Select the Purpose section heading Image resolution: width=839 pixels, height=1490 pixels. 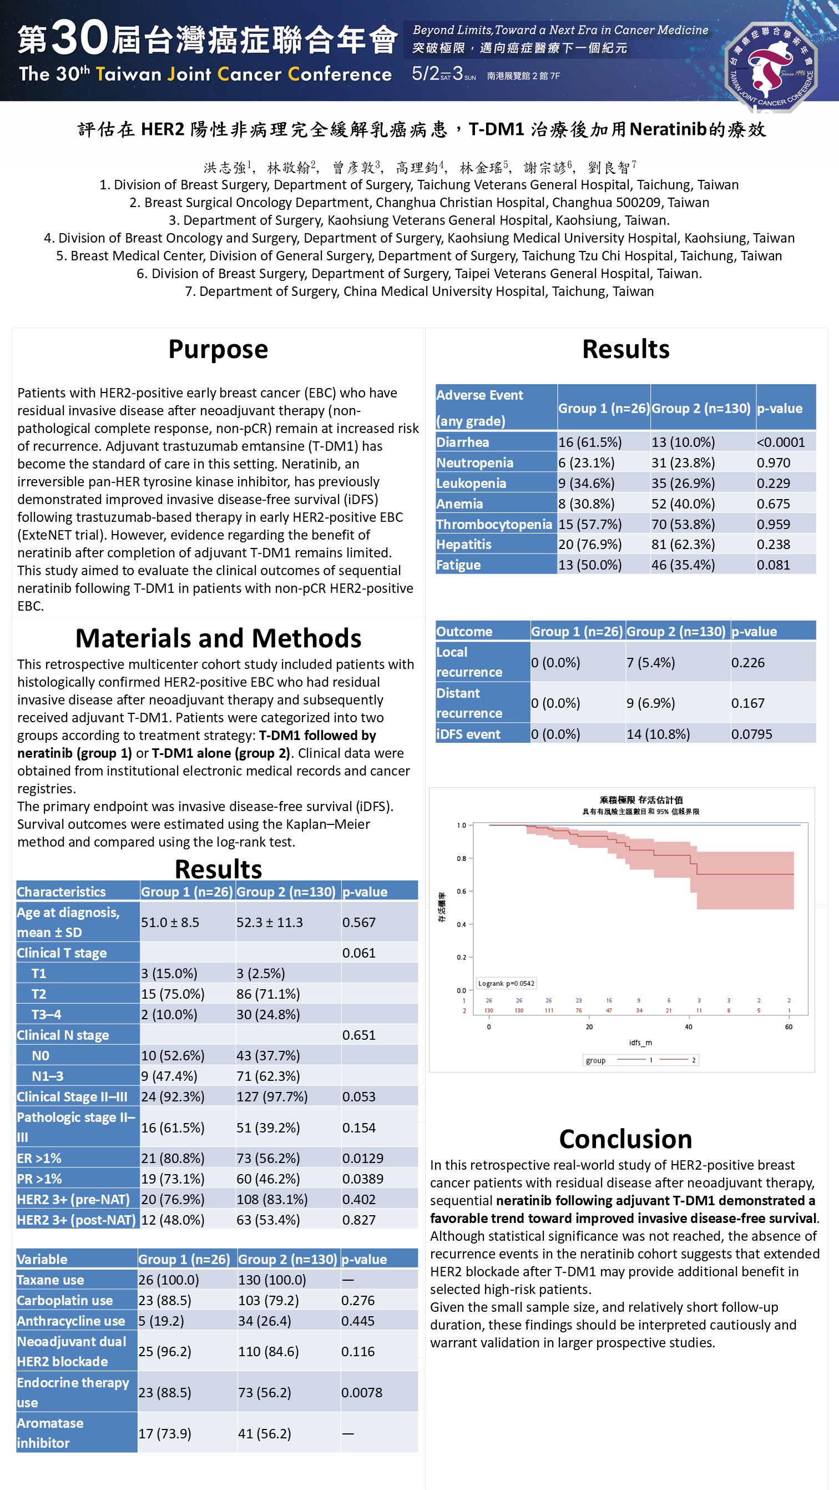tap(218, 349)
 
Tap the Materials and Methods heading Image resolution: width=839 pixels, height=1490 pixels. tap(218, 638)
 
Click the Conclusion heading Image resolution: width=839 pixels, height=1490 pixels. tap(625, 1139)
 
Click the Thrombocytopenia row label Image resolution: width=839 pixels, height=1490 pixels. tap(494, 525)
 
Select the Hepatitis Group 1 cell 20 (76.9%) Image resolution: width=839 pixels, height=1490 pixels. tap(589, 545)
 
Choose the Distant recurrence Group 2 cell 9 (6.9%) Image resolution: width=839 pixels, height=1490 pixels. tap(650, 703)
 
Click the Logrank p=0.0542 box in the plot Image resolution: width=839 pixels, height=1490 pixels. tap(506, 983)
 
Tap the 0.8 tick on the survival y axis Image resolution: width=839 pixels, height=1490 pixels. tap(461, 859)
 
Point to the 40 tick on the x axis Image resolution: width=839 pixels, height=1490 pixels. tap(688, 1027)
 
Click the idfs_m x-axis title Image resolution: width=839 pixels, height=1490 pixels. tap(640, 1043)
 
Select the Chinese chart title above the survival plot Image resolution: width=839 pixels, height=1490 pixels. tap(641, 800)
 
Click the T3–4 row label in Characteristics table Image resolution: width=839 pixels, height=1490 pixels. tap(46, 1015)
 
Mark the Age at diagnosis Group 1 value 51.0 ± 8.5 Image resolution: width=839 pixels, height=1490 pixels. tap(170, 923)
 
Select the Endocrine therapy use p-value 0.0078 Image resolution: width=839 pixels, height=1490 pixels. tap(361, 1393)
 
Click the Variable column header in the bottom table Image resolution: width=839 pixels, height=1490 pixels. tap(42, 1260)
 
